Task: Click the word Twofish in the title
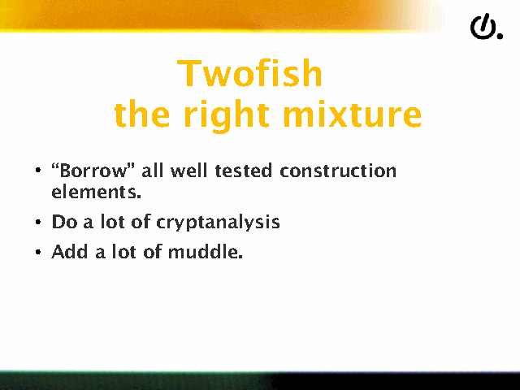249,73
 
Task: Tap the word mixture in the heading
352,114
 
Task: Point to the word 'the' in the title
142,114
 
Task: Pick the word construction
338,171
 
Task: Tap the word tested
244,171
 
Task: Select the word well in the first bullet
188,171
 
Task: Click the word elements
96,192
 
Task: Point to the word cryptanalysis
218,222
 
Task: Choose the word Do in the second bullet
65,222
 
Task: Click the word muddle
206,251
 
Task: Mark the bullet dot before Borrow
38,171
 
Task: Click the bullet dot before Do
38,222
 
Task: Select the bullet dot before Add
38,252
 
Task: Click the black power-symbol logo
486,27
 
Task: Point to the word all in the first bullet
153,171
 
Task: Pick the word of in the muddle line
153,251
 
